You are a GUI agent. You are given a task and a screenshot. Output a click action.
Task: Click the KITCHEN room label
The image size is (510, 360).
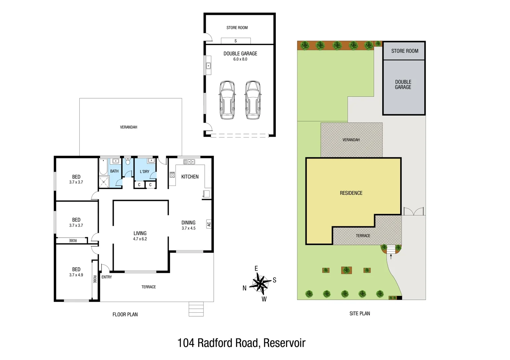pos(190,177)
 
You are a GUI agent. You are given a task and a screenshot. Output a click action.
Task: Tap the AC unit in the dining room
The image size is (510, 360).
pos(209,224)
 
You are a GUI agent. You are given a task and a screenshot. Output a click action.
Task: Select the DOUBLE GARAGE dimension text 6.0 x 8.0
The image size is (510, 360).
pos(240,59)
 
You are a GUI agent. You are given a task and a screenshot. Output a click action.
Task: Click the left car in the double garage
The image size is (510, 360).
pos(227,100)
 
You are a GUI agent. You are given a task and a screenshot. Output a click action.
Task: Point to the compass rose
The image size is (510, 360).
pos(260,283)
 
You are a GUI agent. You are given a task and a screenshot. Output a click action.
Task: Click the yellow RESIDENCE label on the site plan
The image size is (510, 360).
pos(351,193)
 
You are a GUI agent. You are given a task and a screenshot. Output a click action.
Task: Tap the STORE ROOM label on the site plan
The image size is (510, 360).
pos(405,51)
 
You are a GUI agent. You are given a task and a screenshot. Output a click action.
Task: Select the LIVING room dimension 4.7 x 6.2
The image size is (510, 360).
pos(140,239)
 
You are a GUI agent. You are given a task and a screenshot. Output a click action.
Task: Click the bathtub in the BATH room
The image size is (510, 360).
pos(103,167)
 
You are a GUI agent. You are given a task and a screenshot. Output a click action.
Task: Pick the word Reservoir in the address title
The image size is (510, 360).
pos(284,343)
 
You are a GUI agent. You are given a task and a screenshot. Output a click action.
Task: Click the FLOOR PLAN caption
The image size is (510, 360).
pos(125,314)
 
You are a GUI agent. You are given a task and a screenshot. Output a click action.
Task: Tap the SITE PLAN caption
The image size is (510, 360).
pos(360,313)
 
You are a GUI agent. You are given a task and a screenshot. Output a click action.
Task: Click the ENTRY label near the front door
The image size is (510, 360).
pos(107,277)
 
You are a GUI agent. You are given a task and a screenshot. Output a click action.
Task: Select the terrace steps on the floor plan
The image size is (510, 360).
pos(196,309)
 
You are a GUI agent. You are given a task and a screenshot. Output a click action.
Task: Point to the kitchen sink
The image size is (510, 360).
pos(189,162)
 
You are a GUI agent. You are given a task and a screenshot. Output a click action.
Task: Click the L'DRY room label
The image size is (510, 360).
pos(144,171)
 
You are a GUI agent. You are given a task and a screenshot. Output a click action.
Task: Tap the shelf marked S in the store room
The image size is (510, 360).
pos(235,41)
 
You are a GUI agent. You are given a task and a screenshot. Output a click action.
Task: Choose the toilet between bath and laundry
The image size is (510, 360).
pos(128,162)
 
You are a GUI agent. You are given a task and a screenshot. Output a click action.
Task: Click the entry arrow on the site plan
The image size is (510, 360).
pos(391,256)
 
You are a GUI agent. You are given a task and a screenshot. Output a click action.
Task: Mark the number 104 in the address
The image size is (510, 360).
pos(185,343)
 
